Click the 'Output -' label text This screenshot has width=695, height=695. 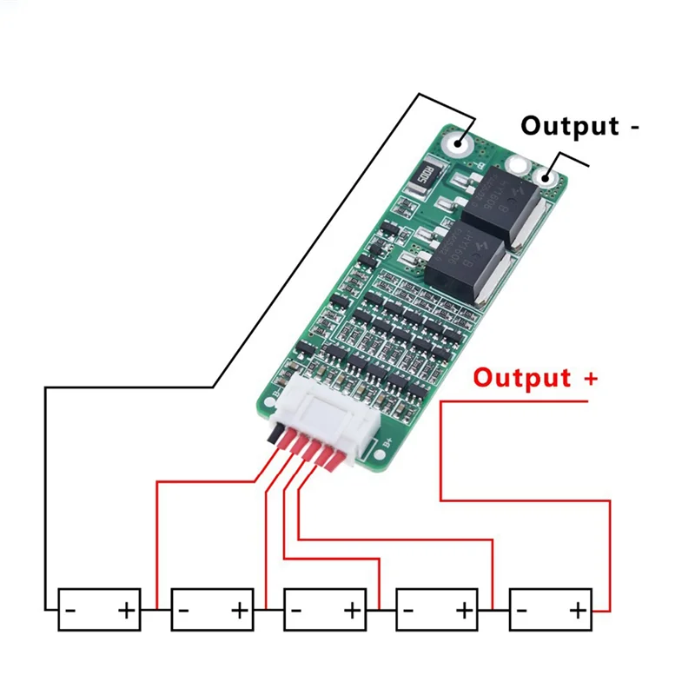point(579,126)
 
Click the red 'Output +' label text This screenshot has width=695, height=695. point(535,379)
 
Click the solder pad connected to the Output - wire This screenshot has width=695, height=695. point(548,177)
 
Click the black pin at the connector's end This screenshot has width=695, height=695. point(275,435)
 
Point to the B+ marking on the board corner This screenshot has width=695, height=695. point(389,450)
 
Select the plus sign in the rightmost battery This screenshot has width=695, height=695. point(578,611)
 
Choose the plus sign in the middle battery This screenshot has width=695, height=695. point(352,611)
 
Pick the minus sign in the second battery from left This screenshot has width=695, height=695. point(184,611)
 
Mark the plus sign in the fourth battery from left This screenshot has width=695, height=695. point(465,611)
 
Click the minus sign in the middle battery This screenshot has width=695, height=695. point(297,611)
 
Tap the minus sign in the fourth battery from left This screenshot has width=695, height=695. point(410,611)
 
